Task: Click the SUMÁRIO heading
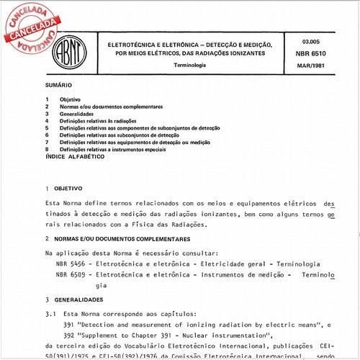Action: coord(58,86)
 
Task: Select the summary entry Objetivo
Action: coord(70,99)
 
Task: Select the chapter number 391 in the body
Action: coord(71,325)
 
